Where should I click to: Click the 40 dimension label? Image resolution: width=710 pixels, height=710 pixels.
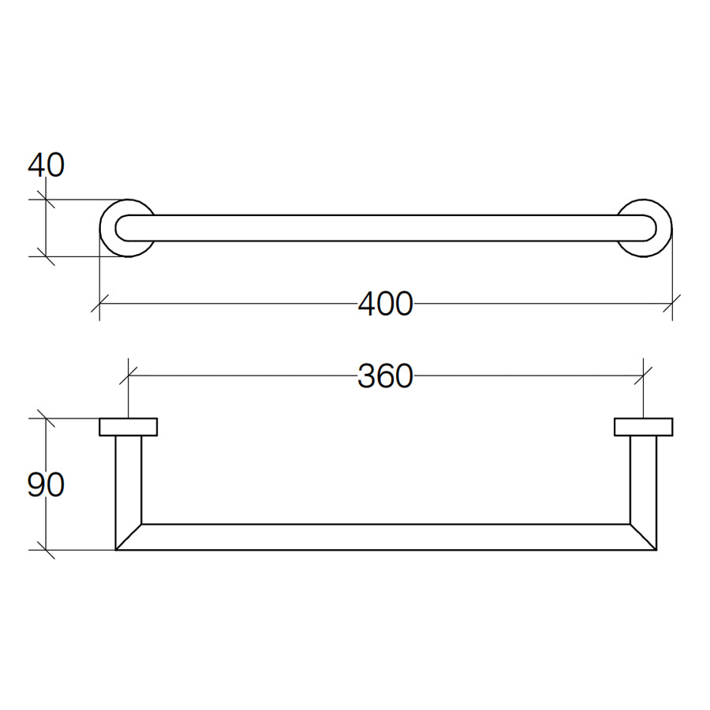46,166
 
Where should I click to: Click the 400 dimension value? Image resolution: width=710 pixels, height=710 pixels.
385,304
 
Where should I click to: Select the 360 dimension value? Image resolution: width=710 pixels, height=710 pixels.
385,377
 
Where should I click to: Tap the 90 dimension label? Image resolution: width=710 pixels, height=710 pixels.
46,485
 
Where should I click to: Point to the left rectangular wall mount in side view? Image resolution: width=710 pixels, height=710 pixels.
128,427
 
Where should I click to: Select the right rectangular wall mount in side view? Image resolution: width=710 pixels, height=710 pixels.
643,427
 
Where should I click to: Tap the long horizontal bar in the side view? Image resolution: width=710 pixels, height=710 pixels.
385,536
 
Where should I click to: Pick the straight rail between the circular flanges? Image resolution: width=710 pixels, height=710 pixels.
385,228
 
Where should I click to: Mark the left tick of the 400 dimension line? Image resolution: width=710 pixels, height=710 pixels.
99,303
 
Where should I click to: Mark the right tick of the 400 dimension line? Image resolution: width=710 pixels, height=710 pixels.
671,303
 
